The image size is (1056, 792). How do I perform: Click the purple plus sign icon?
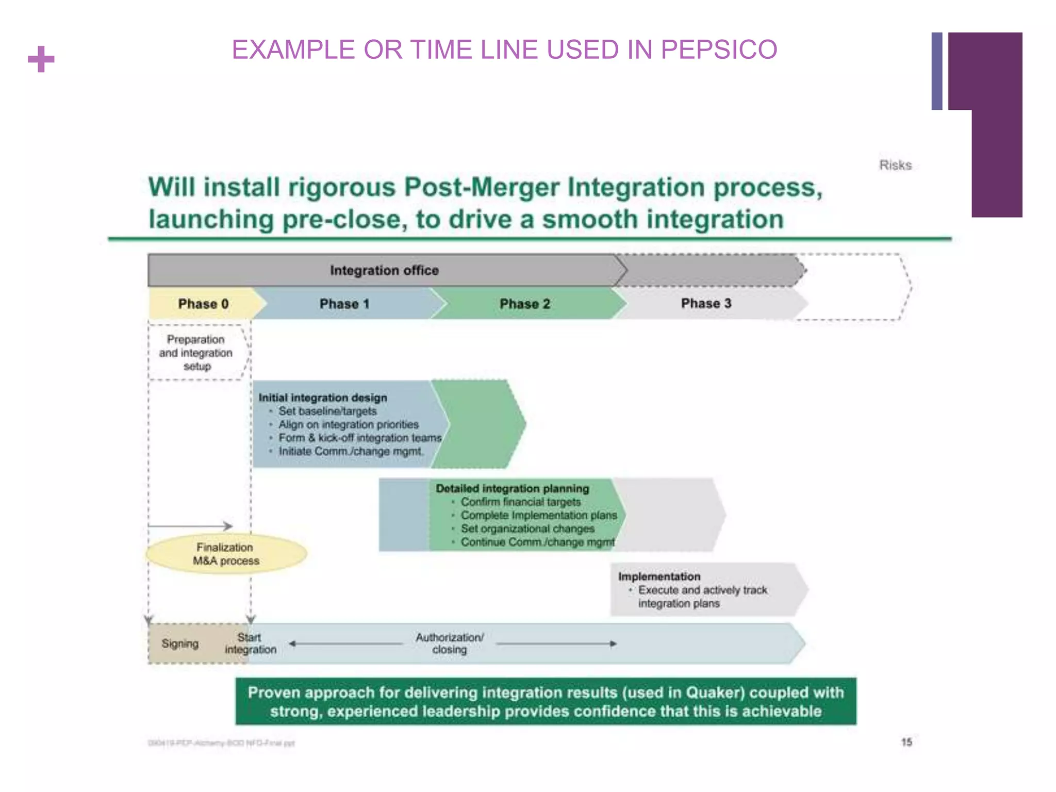pos(41,59)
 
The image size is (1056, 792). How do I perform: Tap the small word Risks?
pos(895,165)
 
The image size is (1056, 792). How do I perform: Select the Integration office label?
pos(384,270)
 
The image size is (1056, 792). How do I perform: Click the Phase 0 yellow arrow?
pos(203,304)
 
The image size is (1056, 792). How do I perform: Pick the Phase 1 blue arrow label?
pos(344,304)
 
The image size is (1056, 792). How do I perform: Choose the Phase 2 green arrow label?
pos(525,304)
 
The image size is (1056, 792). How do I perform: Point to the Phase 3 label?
pos(706,303)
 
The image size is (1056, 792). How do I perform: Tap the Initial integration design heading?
pos(323,398)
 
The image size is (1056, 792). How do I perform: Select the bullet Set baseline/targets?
pos(327,411)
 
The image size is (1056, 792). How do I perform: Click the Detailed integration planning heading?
pos(512,488)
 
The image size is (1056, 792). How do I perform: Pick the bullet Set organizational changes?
pos(527,529)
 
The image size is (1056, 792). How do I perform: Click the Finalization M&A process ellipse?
pos(226,554)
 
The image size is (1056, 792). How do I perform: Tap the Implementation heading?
pos(659,576)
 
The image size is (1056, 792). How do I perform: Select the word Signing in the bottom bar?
pos(180,643)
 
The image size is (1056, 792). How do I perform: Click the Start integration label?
pos(250,643)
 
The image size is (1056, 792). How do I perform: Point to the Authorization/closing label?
pos(450,643)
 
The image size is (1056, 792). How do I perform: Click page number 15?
pos(906,742)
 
